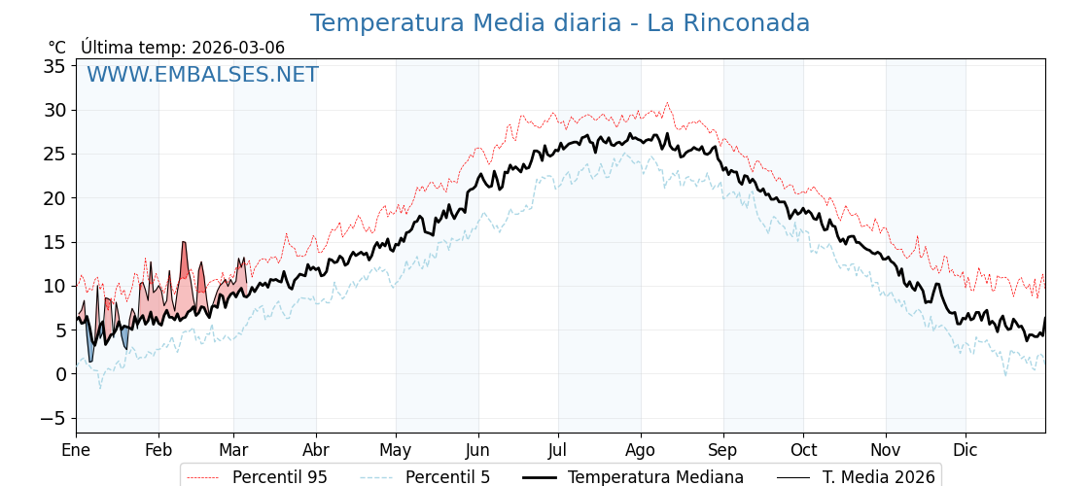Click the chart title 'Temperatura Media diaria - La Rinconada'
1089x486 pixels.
click(x=559, y=23)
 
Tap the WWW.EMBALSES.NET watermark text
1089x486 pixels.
click(x=202, y=75)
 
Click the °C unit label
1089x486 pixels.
click(x=56, y=48)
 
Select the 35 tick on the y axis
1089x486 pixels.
click(x=54, y=66)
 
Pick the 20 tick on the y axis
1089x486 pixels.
click(x=54, y=198)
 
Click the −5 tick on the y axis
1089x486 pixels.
click(x=51, y=418)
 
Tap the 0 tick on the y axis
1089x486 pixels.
click(x=60, y=374)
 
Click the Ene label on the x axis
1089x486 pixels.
click(x=76, y=451)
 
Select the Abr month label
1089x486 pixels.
click(x=316, y=451)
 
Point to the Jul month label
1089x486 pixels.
click(x=558, y=451)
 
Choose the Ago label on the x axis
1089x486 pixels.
click(x=641, y=451)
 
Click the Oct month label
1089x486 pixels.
click(x=803, y=451)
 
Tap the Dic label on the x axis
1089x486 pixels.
click(x=966, y=451)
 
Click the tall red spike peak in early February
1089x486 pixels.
click(x=184, y=244)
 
